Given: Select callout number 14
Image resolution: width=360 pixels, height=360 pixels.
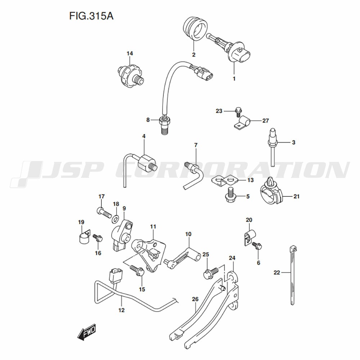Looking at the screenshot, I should [x=130, y=54].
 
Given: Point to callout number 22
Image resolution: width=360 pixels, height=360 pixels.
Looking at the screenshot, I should [x=276, y=273].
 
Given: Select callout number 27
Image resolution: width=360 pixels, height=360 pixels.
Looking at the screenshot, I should [x=265, y=121].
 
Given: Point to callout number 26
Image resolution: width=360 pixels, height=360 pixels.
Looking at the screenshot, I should [x=195, y=299].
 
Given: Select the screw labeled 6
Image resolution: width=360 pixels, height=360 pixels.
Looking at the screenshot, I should [x=257, y=246].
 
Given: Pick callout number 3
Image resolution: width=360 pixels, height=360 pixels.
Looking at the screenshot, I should [x=293, y=143].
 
